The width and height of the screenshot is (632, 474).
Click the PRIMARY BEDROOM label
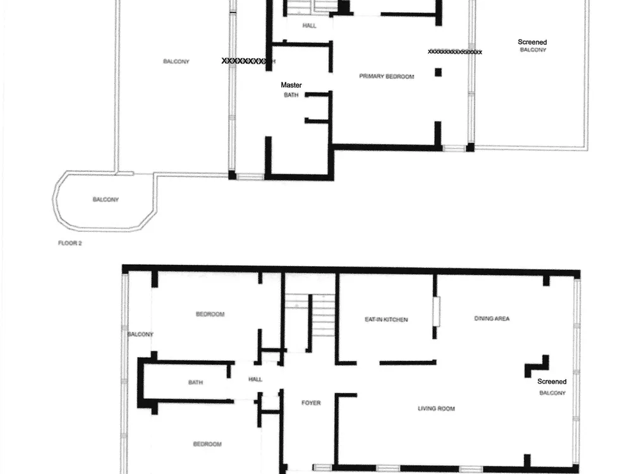point(387,76)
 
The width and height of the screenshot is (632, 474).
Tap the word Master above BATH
point(291,85)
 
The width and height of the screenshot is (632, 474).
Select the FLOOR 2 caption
point(70,243)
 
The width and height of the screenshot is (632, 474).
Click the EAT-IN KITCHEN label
point(386,320)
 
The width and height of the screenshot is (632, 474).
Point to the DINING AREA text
point(492,319)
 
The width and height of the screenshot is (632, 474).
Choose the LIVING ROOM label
point(436,409)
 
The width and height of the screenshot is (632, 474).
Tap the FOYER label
point(311,403)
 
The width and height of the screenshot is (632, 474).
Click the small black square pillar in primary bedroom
point(438,72)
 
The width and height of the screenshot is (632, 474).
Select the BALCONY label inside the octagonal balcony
point(106,200)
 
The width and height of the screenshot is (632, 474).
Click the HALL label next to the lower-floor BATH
point(255,379)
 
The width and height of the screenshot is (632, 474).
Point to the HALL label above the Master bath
point(309,26)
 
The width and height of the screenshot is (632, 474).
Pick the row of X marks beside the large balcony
point(244,61)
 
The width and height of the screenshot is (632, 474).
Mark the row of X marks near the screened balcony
point(454,52)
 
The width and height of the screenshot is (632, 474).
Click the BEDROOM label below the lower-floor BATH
point(207,444)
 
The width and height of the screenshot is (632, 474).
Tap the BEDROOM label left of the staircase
point(210,314)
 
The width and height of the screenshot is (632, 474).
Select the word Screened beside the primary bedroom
point(532,42)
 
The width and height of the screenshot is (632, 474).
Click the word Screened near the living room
point(552,381)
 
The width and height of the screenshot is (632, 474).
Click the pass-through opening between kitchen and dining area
point(437,312)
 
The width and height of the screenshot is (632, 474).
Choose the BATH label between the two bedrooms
point(195,382)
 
